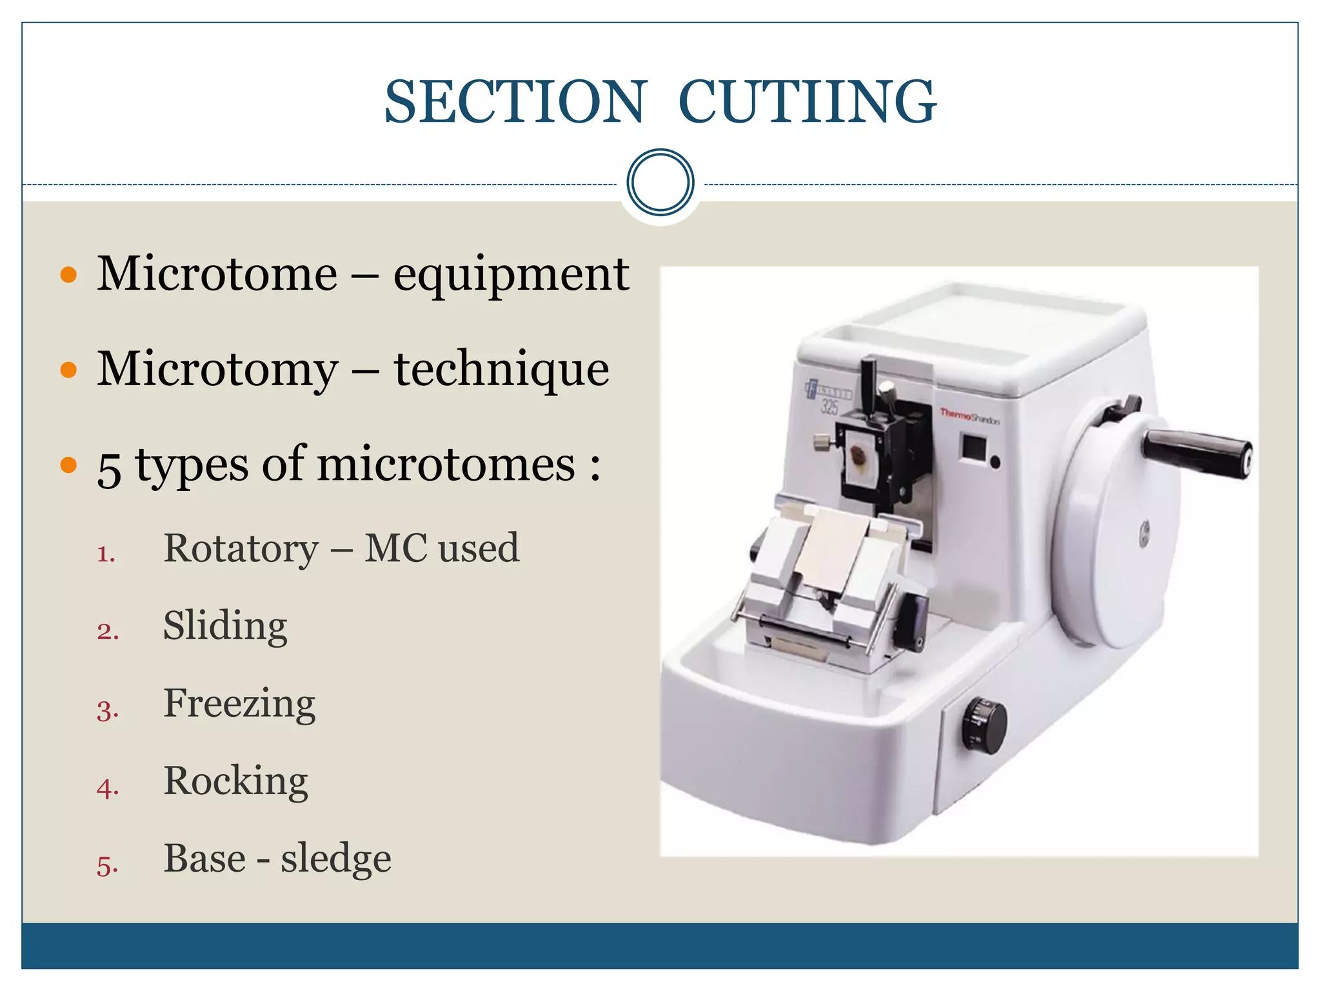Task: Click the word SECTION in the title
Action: [514, 102]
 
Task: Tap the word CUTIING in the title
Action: [807, 102]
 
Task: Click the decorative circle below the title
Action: [660, 183]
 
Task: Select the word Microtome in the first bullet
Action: [217, 274]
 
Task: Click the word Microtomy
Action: [217, 370]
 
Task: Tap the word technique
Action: [501, 370]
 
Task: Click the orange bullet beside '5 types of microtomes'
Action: [68, 465]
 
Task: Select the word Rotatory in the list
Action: [241, 548]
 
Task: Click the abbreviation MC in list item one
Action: [395, 548]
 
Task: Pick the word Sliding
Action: [225, 626]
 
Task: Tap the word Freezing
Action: [239, 704]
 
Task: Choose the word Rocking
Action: [235, 781]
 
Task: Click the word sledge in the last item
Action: [335, 859]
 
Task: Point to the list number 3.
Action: [107, 710]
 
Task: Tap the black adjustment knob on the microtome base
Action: [984, 725]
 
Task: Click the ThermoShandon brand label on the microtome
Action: [969, 417]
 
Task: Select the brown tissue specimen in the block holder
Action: [859, 455]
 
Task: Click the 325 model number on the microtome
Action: [830, 406]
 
